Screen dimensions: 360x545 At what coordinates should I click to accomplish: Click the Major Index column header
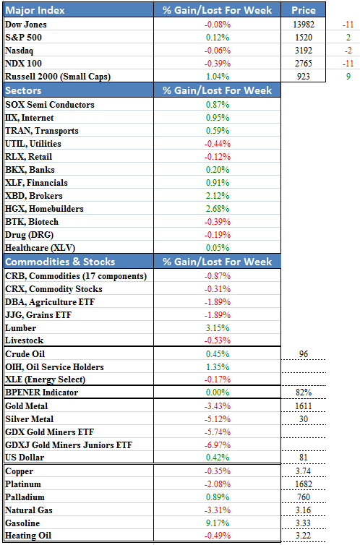[x=35, y=10]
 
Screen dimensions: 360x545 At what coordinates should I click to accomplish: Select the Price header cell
[x=304, y=10]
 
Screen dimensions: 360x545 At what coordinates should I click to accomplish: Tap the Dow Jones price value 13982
[x=304, y=25]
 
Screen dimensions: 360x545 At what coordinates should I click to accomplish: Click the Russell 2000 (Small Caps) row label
[x=58, y=77]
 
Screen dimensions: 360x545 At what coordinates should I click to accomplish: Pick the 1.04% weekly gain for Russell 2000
[x=218, y=77]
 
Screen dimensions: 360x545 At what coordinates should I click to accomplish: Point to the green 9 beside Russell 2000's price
[x=348, y=77]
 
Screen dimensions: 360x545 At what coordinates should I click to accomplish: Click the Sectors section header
[x=23, y=91]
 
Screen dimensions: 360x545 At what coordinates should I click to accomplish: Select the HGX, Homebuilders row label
[x=45, y=209]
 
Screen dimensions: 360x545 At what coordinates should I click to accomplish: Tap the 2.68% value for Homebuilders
[x=218, y=209]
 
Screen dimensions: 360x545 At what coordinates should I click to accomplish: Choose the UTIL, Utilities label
[x=33, y=144]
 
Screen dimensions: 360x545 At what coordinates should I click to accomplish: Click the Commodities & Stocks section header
[x=60, y=262]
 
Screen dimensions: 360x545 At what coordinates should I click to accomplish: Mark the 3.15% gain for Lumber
[x=218, y=328]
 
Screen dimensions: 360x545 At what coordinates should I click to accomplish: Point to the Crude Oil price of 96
[x=304, y=354]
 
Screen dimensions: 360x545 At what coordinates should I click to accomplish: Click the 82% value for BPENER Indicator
[x=304, y=392]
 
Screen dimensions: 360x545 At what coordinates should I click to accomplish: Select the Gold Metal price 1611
[x=304, y=406]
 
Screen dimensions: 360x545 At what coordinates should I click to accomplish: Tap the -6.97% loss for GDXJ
[x=218, y=445]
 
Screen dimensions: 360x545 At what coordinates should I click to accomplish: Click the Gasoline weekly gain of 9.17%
[x=218, y=523]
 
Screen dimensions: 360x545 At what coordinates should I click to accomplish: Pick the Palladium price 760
[x=304, y=497]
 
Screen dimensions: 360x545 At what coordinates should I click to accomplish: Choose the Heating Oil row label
[x=28, y=536]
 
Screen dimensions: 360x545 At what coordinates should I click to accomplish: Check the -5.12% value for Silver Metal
[x=218, y=419]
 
